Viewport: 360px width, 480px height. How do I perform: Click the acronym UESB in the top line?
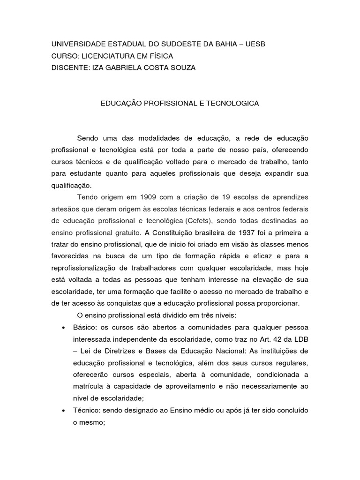point(255,44)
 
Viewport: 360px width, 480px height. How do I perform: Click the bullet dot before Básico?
point(63,327)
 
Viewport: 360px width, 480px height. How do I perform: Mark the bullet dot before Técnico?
point(63,410)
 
